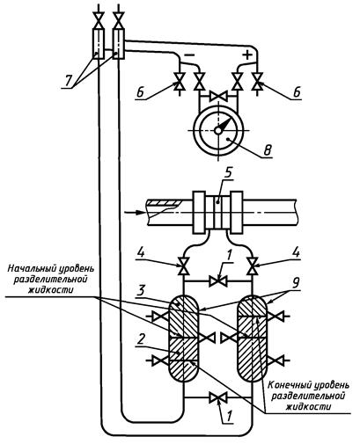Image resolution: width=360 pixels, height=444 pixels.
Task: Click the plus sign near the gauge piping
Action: [247, 55]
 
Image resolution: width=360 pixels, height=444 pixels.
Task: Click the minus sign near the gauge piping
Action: [189, 55]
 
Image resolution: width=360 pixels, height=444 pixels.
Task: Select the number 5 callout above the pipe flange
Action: [227, 173]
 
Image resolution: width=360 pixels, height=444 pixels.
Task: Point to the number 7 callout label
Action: [69, 81]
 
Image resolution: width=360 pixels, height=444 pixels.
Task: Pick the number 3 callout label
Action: [142, 291]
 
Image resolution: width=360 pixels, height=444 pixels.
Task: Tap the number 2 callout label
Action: [141, 339]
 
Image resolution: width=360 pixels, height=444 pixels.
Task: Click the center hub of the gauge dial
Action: [217, 130]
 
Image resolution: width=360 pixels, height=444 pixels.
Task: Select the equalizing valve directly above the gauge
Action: [218, 96]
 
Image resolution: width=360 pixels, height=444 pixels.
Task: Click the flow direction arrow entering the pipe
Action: [134, 212]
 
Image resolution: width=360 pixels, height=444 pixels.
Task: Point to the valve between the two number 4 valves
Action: [218, 281]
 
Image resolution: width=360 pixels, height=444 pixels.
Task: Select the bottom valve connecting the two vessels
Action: [218, 397]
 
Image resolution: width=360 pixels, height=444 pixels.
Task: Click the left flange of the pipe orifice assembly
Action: [199, 212]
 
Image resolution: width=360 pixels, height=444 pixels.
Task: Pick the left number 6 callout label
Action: [140, 93]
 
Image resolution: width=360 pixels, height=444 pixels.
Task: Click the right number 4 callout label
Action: [297, 252]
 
